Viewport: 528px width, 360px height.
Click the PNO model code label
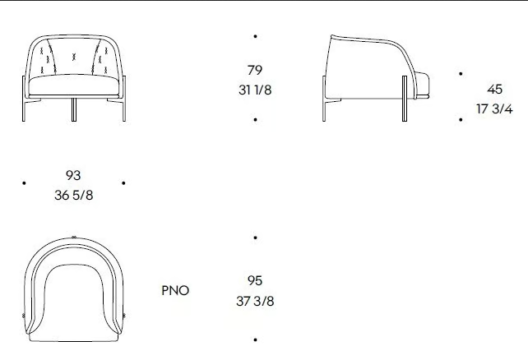coord(175,290)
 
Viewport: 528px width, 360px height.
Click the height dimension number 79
coord(255,70)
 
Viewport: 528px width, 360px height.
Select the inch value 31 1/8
coord(255,90)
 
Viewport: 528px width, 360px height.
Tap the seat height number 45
coord(494,89)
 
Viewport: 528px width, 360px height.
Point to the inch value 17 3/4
coord(494,109)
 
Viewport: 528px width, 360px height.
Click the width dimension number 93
coord(73,175)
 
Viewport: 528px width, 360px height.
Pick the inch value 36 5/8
coord(73,195)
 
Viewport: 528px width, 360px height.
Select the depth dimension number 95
coord(255,280)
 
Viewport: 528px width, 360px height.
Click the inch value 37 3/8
coord(255,301)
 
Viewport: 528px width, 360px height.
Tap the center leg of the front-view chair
coord(74,109)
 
